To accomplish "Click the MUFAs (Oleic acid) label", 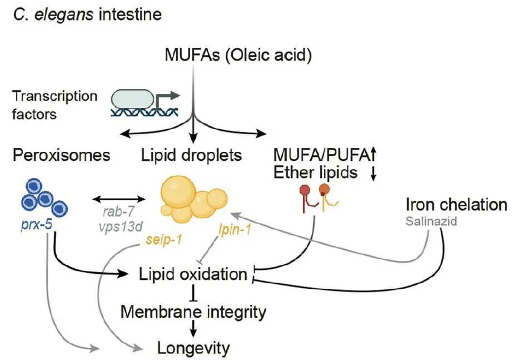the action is tap(238, 55).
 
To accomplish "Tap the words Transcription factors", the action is tap(54, 105).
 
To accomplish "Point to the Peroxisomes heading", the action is tap(61, 155).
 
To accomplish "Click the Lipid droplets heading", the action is tap(191, 155).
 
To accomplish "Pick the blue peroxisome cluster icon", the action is tap(44, 198).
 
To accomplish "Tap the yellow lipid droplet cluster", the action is tap(193, 199).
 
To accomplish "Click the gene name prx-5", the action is tap(36, 225).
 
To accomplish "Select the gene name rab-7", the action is tap(118, 211).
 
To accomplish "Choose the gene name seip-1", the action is tap(163, 240).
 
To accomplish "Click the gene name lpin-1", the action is tap(235, 230).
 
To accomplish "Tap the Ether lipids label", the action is tap(315, 172).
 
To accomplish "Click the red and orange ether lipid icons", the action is tap(319, 197).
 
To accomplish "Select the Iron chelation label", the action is tap(456, 205).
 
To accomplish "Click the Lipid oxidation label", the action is tap(193, 274).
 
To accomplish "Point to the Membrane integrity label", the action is tap(193, 312).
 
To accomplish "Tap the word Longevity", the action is tap(193, 348).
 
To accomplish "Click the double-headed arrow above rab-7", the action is tap(118, 199).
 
